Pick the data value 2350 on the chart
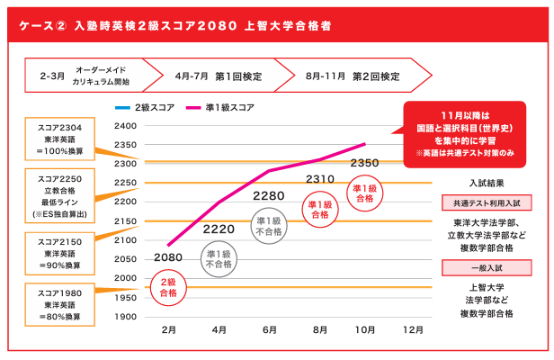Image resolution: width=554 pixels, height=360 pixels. click(x=364, y=163)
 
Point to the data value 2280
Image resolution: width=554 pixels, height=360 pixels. click(x=269, y=195)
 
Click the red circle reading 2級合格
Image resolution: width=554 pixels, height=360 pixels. click(x=168, y=288)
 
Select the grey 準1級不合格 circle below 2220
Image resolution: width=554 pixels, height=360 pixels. click(x=219, y=259)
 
